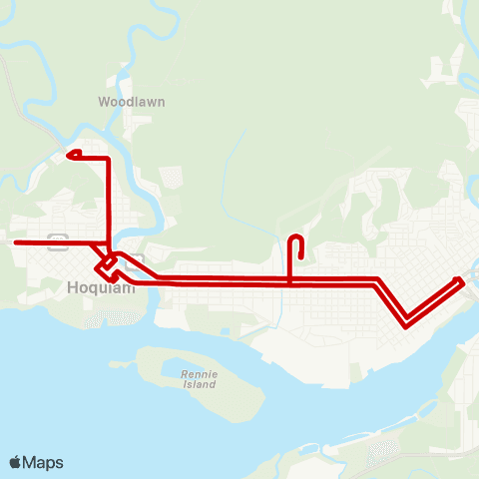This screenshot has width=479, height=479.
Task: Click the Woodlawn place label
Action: [131, 102]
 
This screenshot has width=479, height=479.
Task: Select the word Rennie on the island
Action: [193, 373]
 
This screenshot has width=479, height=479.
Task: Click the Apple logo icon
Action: [16, 462]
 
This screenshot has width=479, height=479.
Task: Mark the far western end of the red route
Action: [14, 242]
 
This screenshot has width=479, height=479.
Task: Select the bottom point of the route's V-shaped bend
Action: [406, 323]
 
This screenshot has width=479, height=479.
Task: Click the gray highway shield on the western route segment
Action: [57, 239]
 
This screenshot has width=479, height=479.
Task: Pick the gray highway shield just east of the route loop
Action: [138, 258]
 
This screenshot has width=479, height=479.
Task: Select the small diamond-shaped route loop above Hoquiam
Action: [106, 266]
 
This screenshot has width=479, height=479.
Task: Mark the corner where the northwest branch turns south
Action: [108, 158]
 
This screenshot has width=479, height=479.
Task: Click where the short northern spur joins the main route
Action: [290, 280]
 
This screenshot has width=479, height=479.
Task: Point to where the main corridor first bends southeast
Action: [376, 280]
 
